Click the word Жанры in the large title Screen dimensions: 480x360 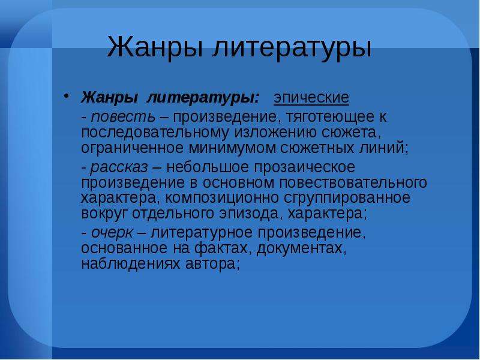coord(155,47)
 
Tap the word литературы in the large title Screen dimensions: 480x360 coord(292,48)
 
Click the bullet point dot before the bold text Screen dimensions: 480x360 coord(65,96)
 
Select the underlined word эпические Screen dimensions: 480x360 coord(311,98)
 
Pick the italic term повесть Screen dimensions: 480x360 coord(123,116)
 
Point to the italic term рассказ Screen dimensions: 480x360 coord(119,168)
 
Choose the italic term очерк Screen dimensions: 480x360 coord(112,233)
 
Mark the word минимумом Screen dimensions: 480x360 coord(232,148)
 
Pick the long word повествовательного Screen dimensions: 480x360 coord(353,183)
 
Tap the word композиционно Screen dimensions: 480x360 coord(222,199)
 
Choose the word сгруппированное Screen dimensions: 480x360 coord(347,199)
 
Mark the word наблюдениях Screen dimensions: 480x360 coord(131,264)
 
